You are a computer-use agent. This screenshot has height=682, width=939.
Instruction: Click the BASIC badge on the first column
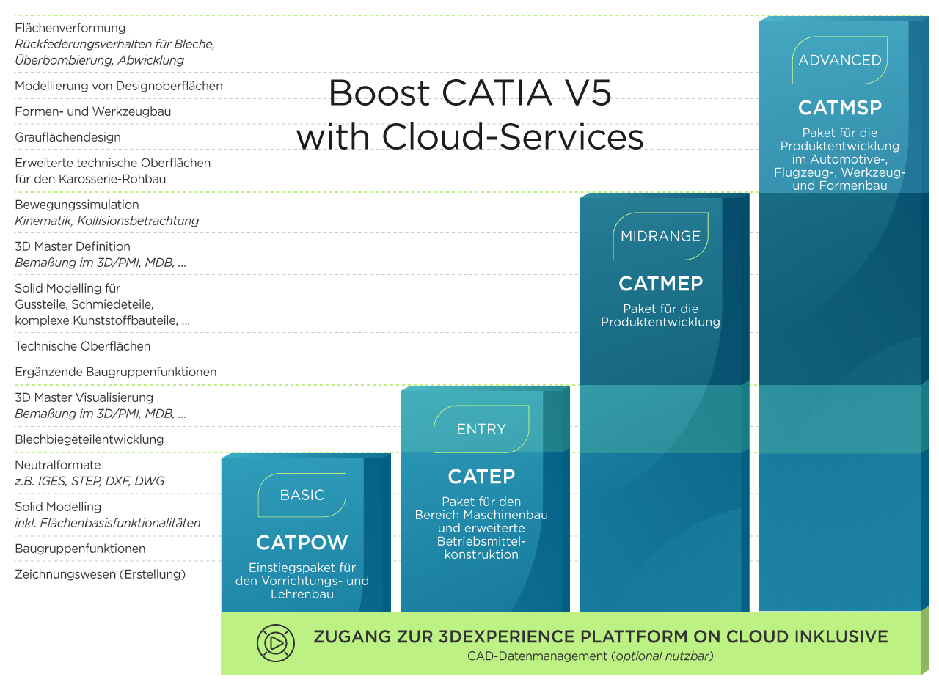click(302, 495)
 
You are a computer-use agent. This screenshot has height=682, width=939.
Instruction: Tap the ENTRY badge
click(481, 429)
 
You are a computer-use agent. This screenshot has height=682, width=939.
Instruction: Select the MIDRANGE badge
click(660, 236)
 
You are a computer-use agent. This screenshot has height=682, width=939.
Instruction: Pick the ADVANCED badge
click(840, 60)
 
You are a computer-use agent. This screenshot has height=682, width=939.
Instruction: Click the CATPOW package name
click(302, 543)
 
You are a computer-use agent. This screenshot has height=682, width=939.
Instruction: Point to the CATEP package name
click(481, 477)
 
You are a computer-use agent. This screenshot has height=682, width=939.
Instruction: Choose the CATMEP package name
click(660, 283)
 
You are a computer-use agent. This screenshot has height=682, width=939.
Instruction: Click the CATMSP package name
click(840, 108)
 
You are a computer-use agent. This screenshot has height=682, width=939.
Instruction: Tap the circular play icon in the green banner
click(275, 643)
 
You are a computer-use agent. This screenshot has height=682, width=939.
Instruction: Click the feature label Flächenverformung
click(70, 28)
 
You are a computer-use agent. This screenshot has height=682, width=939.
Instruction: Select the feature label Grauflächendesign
click(67, 137)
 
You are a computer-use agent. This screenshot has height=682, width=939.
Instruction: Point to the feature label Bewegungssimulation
click(77, 205)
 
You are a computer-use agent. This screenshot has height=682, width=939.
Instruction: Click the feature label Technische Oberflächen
click(83, 346)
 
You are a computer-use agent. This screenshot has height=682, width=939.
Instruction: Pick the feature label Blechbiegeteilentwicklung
click(89, 439)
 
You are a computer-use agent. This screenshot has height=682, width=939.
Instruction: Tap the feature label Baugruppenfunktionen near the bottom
click(80, 549)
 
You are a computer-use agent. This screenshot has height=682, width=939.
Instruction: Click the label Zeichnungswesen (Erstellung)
click(101, 574)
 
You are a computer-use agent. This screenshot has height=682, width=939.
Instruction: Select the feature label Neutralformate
click(58, 465)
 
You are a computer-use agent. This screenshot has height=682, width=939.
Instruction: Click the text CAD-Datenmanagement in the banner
click(537, 656)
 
